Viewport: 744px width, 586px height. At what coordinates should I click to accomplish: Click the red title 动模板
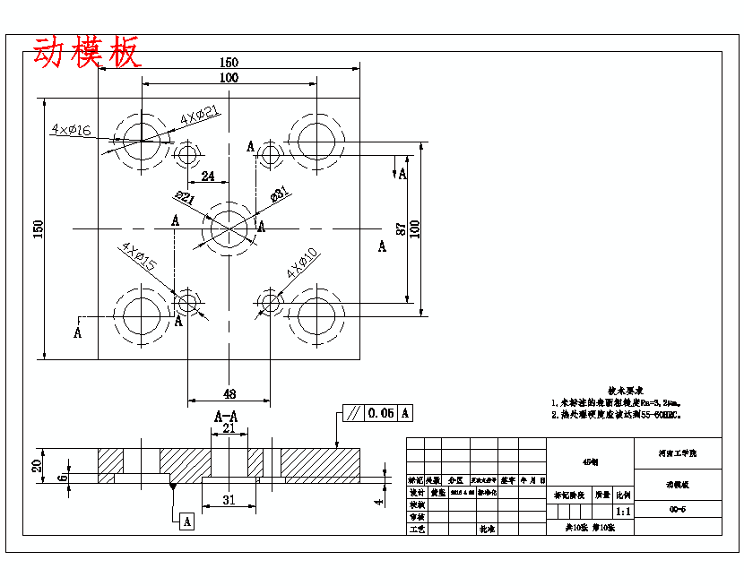(87, 53)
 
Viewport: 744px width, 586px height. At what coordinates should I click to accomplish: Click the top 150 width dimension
(229, 63)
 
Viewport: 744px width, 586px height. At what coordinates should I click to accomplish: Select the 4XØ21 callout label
(200, 116)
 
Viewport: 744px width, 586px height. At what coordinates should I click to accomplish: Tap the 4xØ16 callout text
(72, 130)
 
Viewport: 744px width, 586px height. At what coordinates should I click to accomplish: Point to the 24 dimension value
(208, 177)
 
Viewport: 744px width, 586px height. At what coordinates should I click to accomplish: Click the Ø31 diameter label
(278, 194)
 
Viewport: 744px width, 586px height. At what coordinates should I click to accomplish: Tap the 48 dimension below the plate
(229, 393)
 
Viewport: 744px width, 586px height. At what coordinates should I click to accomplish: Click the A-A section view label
(226, 417)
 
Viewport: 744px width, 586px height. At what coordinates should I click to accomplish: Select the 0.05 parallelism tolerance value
(380, 413)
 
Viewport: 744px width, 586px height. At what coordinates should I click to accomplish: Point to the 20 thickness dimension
(37, 466)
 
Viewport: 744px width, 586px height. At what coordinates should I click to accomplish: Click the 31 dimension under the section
(229, 500)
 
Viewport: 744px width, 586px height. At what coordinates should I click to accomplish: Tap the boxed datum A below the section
(186, 521)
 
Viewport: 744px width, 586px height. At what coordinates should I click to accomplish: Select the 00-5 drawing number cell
(678, 509)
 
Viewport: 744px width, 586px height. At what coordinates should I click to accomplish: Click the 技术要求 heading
(625, 391)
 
